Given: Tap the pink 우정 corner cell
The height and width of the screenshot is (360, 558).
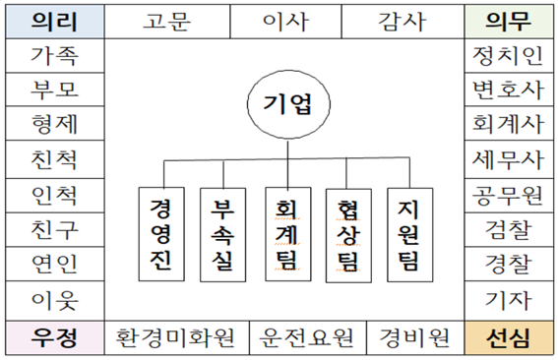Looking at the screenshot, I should (54, 338).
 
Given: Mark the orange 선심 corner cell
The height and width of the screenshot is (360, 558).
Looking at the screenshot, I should (508, 338).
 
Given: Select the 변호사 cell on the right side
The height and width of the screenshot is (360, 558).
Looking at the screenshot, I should (508, 90).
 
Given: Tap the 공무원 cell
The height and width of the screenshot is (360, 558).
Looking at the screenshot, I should (508, 195).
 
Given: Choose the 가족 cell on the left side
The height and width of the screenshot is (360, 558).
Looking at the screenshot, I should (54, 56).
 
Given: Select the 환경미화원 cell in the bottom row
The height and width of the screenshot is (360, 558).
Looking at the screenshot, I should (176, 338).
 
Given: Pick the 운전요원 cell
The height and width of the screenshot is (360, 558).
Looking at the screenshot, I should (308, 338).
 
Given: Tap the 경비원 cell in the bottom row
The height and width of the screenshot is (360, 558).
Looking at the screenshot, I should (414, 338).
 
